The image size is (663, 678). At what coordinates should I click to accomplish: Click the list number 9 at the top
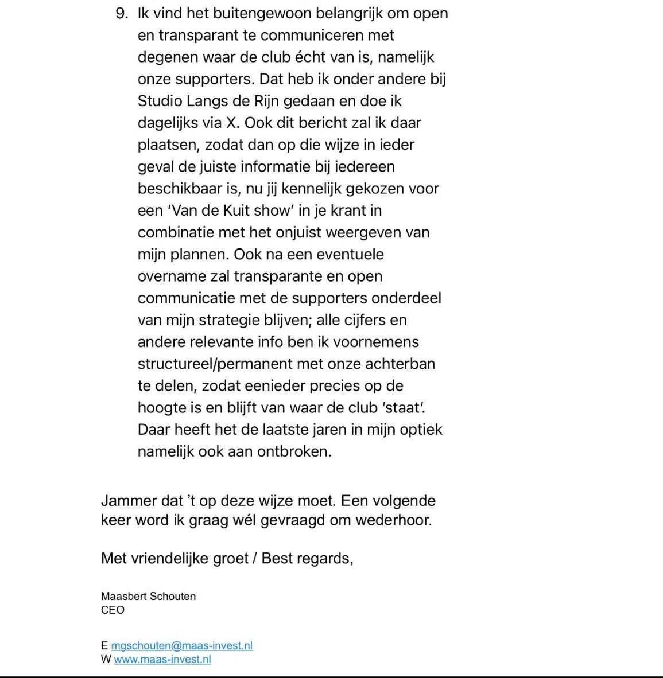[x=121, y=13]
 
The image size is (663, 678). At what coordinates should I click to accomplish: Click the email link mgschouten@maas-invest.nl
[x=181, y=645]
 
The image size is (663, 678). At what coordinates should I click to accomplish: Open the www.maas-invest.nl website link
[x=162, y=659]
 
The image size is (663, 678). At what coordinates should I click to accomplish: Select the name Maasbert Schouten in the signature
[x=148, y=596]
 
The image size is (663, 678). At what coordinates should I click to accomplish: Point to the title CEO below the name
[x=113, y=610]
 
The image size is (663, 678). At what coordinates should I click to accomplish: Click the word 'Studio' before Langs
[x=161, y=101]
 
